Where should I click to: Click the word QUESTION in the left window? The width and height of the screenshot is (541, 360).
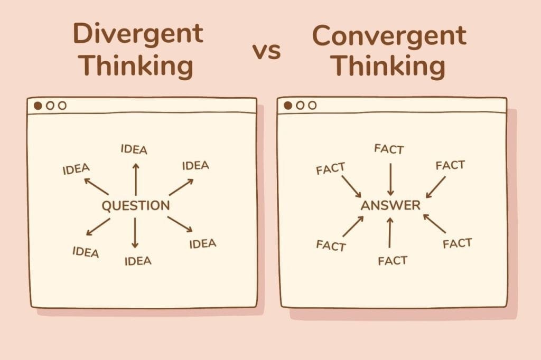(136, 205)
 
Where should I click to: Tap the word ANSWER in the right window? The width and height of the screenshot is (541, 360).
(390, 205)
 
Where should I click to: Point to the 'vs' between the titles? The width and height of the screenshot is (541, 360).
(266, 51)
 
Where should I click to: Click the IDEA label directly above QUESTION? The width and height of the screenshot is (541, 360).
(134, 149)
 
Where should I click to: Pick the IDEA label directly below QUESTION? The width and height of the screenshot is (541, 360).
(138, 261)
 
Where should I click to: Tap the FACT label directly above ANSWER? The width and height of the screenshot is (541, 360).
(389, 149)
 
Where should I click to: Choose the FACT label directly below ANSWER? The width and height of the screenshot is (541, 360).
(393, 261)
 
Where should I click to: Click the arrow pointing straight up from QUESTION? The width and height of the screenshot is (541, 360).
(136, 179)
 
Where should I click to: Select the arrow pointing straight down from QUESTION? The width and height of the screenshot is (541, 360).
(135, 233)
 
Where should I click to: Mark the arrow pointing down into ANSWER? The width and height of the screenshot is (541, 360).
(390, 179)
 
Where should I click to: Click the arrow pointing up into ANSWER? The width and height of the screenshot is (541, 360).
(390, 232)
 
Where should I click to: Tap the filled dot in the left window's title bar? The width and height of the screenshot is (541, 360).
(38, 106)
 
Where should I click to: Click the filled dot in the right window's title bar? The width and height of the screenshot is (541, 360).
(288, 106)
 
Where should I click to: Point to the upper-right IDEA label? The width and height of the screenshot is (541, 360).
(195, 166)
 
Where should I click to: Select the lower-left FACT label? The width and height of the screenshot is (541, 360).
(331, 245)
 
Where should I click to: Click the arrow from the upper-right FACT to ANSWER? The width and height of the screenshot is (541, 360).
(435, 187)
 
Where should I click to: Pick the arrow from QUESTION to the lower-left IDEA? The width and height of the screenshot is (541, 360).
(98, 227)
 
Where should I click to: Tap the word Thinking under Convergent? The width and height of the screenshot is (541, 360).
(389, 66)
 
